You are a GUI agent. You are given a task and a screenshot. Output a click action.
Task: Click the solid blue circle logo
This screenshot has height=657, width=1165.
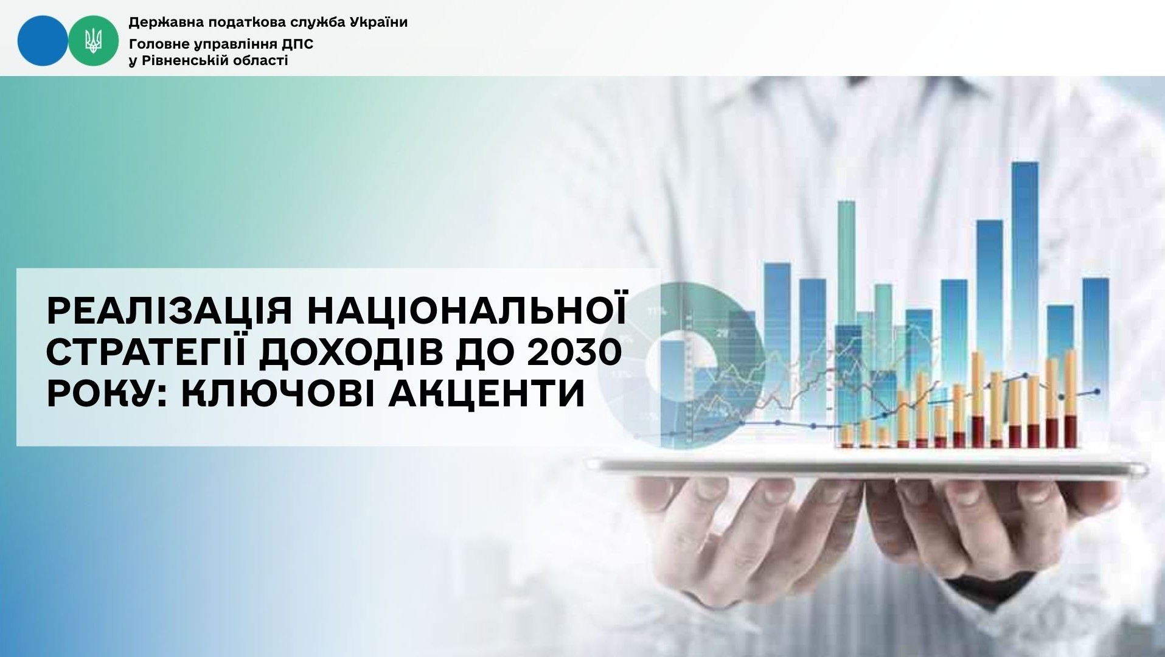(43, 40)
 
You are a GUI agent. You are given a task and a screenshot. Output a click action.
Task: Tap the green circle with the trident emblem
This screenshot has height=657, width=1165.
(93, 40)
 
